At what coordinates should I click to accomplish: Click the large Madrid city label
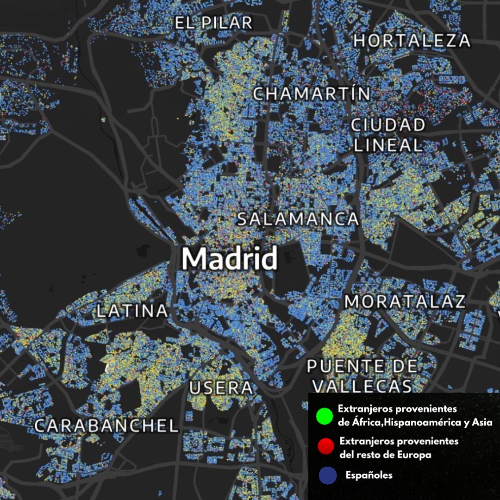pyautogui.click(x=230, y=259)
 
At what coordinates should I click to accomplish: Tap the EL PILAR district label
pyautogui.click(x=213, y=23)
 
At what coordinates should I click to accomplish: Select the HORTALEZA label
pyautogui.click(x=412, y=41)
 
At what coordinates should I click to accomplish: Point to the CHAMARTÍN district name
pyautogui.click(x=312, y=94)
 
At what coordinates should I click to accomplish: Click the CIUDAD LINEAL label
pyautogui.click(x=388, y=135)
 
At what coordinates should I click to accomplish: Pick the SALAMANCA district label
pyautogui.click(x=298, y=219)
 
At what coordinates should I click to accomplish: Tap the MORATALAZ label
pyautogui.click(x=405, y=302)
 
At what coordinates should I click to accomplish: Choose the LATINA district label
pyautogui.click(x=132, y=311)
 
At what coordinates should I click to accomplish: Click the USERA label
pyautogui.click(x=221, y=388)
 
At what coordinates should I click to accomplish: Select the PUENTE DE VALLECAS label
pyautogui.click(x=362, y=375)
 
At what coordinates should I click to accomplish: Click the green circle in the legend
pyautogui.click(x=325, y=415)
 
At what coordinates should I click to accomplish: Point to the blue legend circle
pyautogui.click(x=328, y=476)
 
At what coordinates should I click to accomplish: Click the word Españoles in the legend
pyautogui.click(x=369, y=475)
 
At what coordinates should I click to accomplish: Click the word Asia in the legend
pyautogui.click(x=481, y=422)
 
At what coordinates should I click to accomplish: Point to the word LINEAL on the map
pyautogui.click(x=388, y=145)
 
